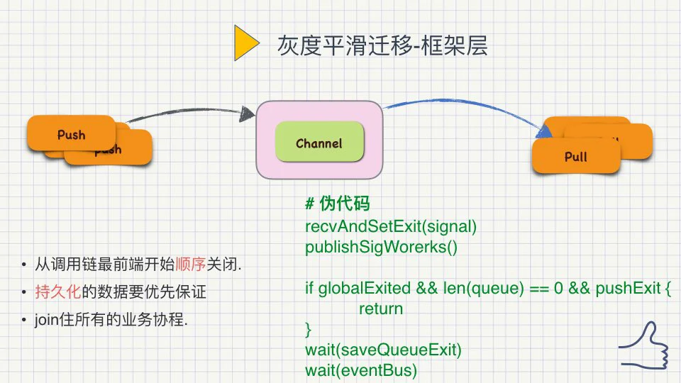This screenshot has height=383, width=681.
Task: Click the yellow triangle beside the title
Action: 245,43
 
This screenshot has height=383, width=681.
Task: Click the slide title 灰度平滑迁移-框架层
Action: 382,45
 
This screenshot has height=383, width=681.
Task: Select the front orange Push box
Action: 71,133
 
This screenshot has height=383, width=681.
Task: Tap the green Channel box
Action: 319,142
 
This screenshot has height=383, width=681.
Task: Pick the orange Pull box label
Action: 575,156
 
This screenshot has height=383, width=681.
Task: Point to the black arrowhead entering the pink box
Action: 248,113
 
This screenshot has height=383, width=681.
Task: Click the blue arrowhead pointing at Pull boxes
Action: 543,131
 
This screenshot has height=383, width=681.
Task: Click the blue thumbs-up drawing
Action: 644,345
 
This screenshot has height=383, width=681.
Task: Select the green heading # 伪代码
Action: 338,204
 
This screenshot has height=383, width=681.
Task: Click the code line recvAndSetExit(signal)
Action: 391,226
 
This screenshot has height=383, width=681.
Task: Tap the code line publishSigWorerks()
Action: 381,247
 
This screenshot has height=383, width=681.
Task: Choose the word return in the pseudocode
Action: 381,309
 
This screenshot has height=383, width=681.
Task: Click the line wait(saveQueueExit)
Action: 383,350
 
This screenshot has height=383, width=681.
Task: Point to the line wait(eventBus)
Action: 361,370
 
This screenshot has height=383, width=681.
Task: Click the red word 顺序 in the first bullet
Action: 190,264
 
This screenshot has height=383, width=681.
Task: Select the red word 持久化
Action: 57,292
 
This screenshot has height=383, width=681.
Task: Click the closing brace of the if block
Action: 309,330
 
